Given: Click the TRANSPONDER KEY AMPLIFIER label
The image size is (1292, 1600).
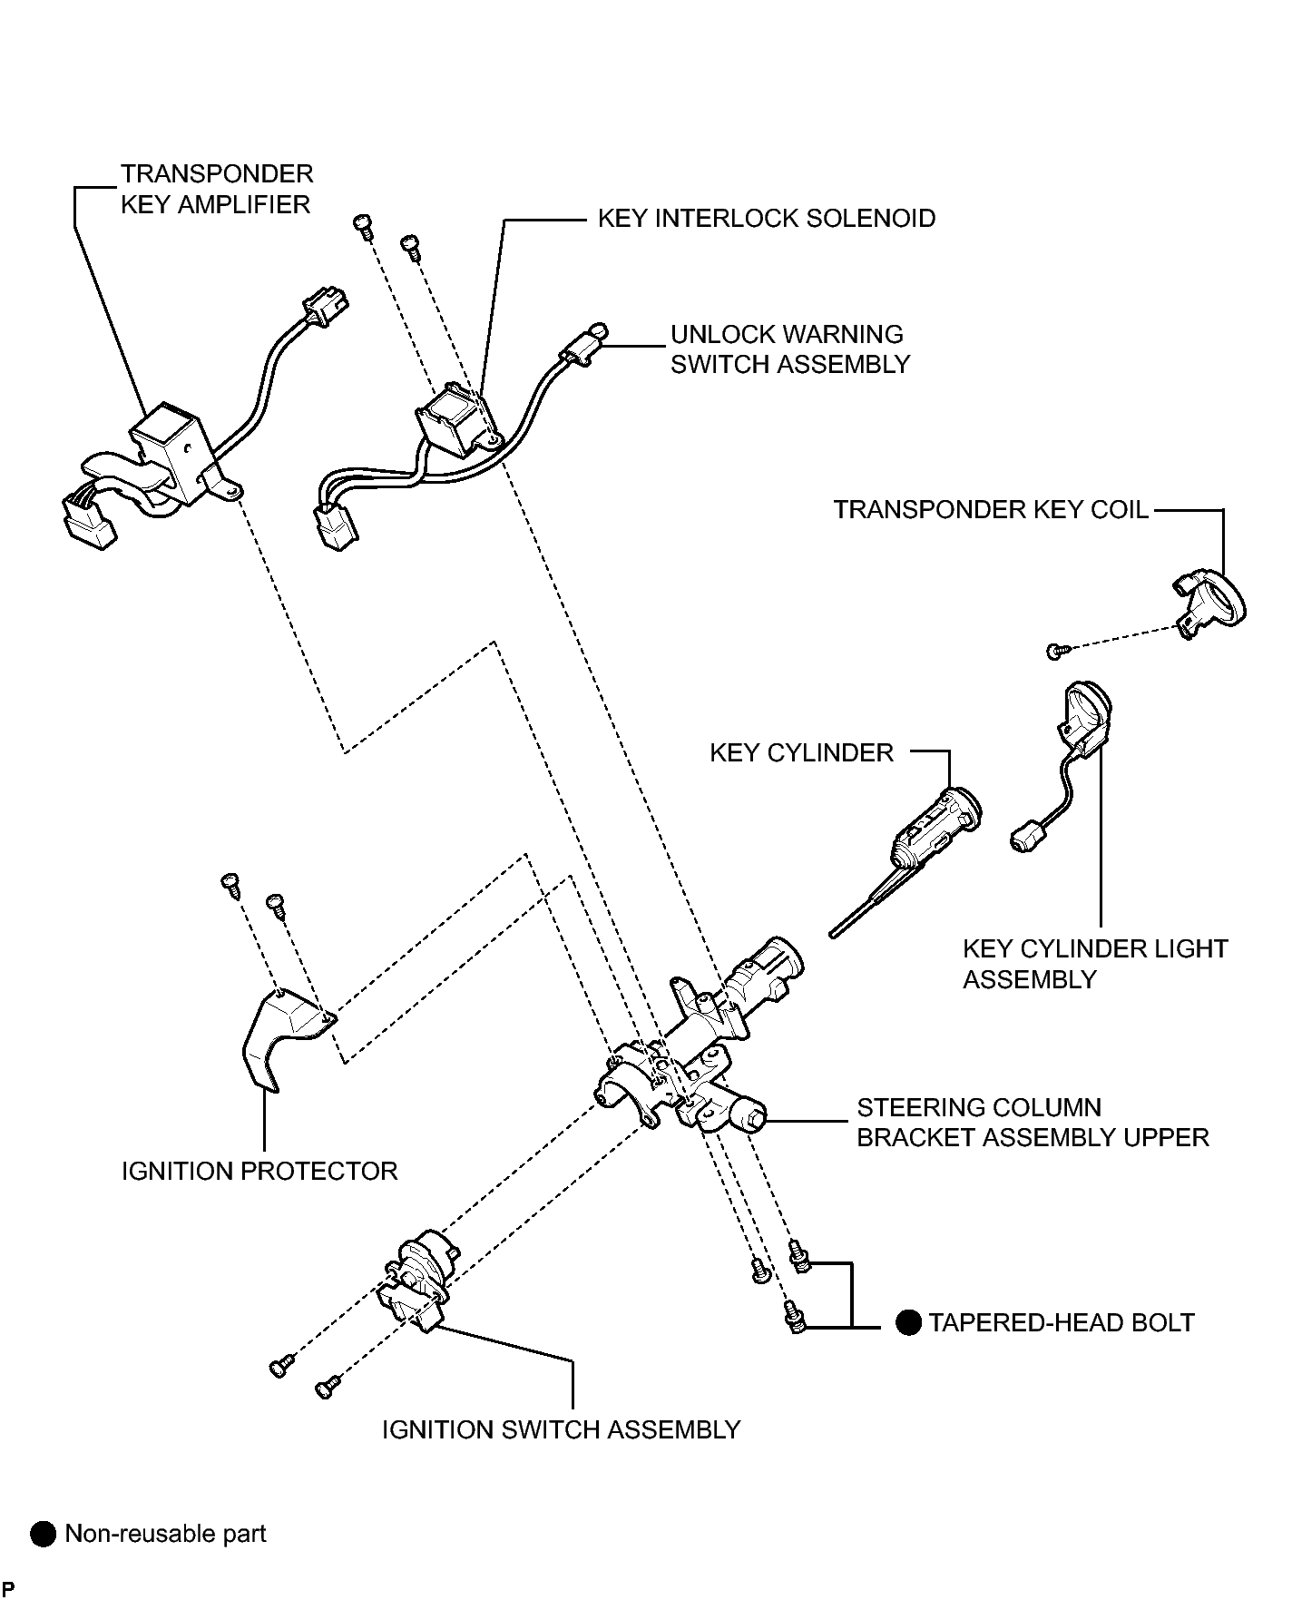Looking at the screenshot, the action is [218, 189].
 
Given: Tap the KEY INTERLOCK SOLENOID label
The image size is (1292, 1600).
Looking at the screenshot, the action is [767, 219].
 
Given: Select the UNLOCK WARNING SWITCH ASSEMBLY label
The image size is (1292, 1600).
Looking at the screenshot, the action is [790, 349].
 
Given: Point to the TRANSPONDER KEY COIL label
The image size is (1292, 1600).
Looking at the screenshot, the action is [992, 510].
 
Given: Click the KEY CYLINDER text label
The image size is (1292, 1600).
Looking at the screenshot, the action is [802, 753].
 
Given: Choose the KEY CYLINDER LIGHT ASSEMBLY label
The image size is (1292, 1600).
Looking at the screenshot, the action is [1095, 964].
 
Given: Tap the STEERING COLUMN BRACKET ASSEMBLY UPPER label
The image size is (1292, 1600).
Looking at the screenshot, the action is [1033, 1123].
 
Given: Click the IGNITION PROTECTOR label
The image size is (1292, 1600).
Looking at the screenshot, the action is [259, 1172].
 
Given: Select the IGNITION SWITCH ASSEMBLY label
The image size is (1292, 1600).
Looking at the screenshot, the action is [562, 1430].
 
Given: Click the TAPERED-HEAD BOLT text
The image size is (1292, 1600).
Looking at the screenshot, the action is [1062, 1323].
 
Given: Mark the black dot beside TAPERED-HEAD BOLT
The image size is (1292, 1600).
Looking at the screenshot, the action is [908, 1323].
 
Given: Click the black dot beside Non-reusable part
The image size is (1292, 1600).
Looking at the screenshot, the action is [43, 1535].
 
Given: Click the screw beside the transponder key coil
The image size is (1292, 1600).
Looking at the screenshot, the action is [1058, 650].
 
